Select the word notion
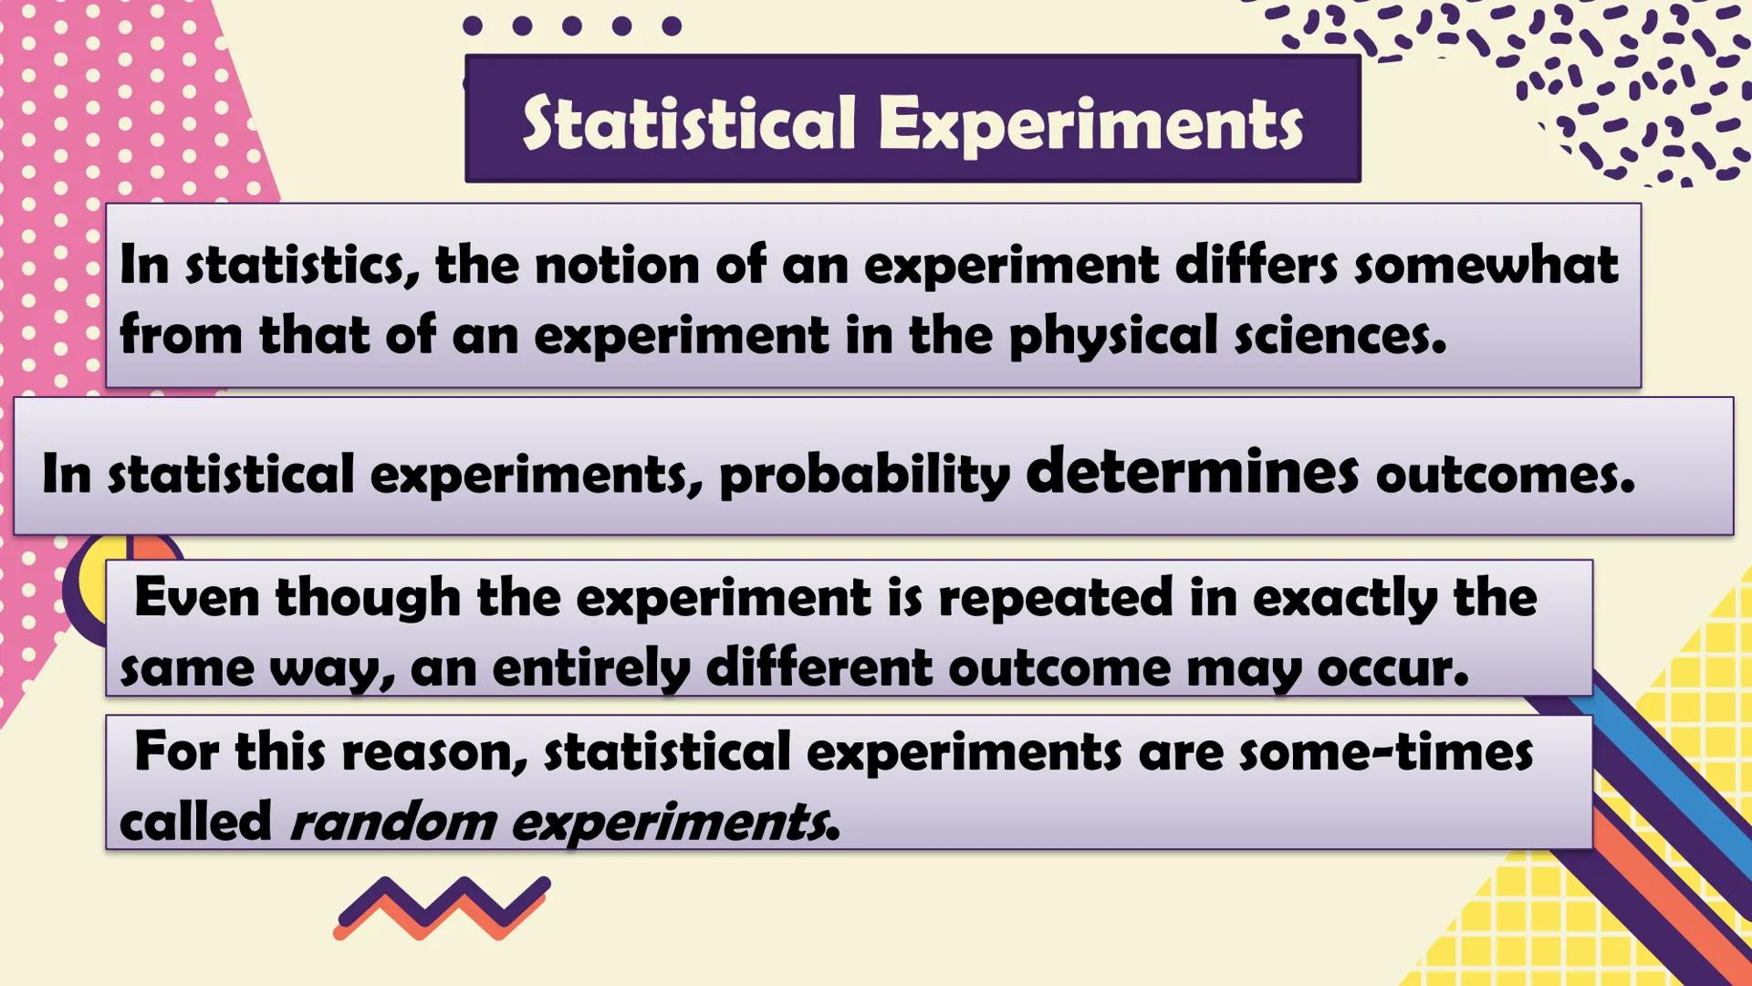click(618, 266)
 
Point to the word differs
click(1256, 266)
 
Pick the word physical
click(1112, 336)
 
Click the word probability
click(864, 475)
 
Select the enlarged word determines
click(1192, 471)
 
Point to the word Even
click(196, 598)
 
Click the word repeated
click(1055, 598)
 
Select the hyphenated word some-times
click(1385, 753)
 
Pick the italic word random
click(392, 823)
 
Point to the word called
click(195, 821)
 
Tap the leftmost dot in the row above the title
click(473, 26)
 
